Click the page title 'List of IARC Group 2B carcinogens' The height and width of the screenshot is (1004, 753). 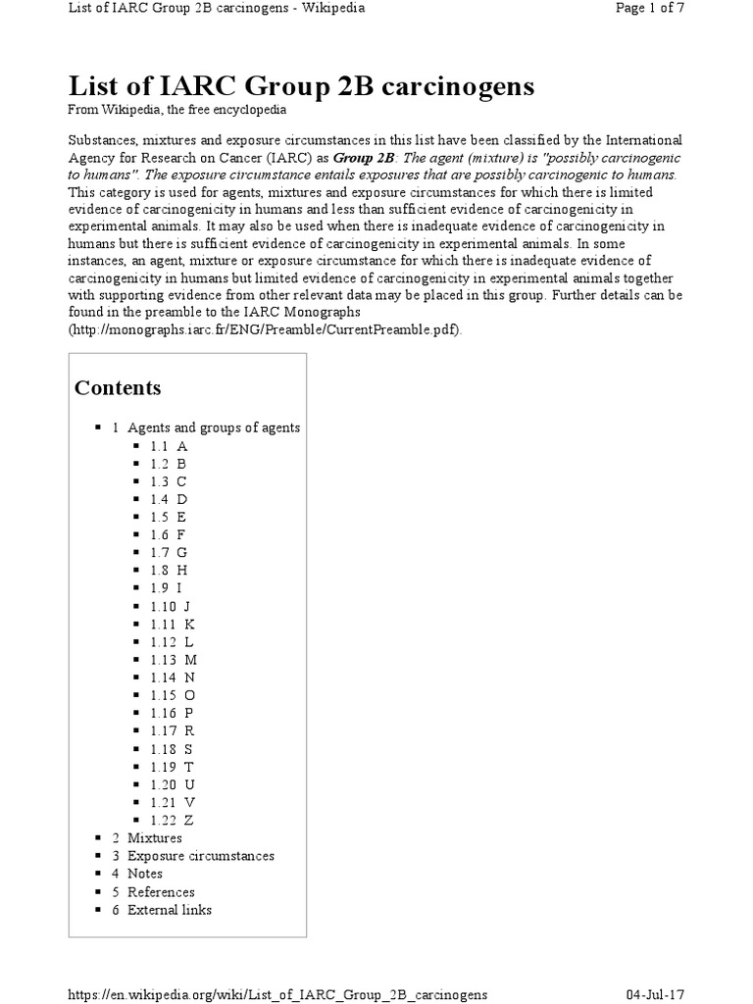pos(301,87)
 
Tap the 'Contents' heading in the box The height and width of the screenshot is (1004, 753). pos(118,387)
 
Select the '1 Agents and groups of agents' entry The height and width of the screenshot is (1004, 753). pos(206,427)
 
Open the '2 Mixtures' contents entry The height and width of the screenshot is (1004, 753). pos(147,837)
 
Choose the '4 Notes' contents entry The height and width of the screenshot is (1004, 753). pos(137,874)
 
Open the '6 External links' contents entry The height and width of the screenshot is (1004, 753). pos(162,910)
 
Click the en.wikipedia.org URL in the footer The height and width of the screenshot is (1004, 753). pos(277,994)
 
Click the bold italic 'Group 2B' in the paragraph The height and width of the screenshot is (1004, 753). pos(363,158)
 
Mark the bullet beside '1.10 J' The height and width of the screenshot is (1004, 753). pos(136,606)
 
